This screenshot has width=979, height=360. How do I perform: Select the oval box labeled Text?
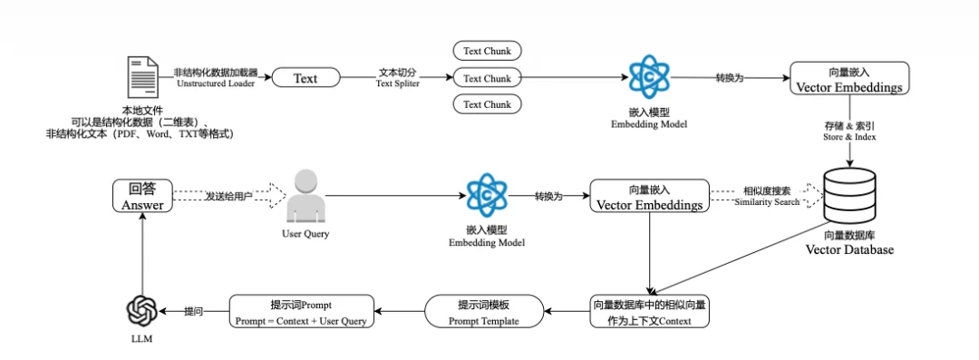click(306, 78)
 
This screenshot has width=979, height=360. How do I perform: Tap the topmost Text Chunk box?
click(487, 52)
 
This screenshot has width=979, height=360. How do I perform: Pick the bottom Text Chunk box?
click(487, 103)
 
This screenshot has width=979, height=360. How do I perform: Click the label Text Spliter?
click(398, 83)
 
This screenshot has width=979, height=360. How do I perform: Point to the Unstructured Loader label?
click(216, 83)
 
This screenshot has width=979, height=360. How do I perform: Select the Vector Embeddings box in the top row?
click(849, 78)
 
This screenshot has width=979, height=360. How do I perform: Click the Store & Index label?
click(848, 137)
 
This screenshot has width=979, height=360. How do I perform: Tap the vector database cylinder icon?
click(849, 194)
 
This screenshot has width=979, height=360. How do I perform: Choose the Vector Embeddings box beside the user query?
click(649, 196)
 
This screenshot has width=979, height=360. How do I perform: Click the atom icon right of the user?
click(487, 194)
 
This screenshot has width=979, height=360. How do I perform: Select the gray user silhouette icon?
click(305, 196)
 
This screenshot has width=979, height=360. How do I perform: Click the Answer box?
click(142, 196)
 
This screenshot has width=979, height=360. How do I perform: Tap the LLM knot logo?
click(144, 311)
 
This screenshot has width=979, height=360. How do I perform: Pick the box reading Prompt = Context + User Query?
click(302, 312)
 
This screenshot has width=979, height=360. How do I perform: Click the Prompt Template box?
click(484, 312)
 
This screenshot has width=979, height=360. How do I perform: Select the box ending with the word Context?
click(649, 312)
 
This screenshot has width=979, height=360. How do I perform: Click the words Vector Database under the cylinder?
click(849, 250)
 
